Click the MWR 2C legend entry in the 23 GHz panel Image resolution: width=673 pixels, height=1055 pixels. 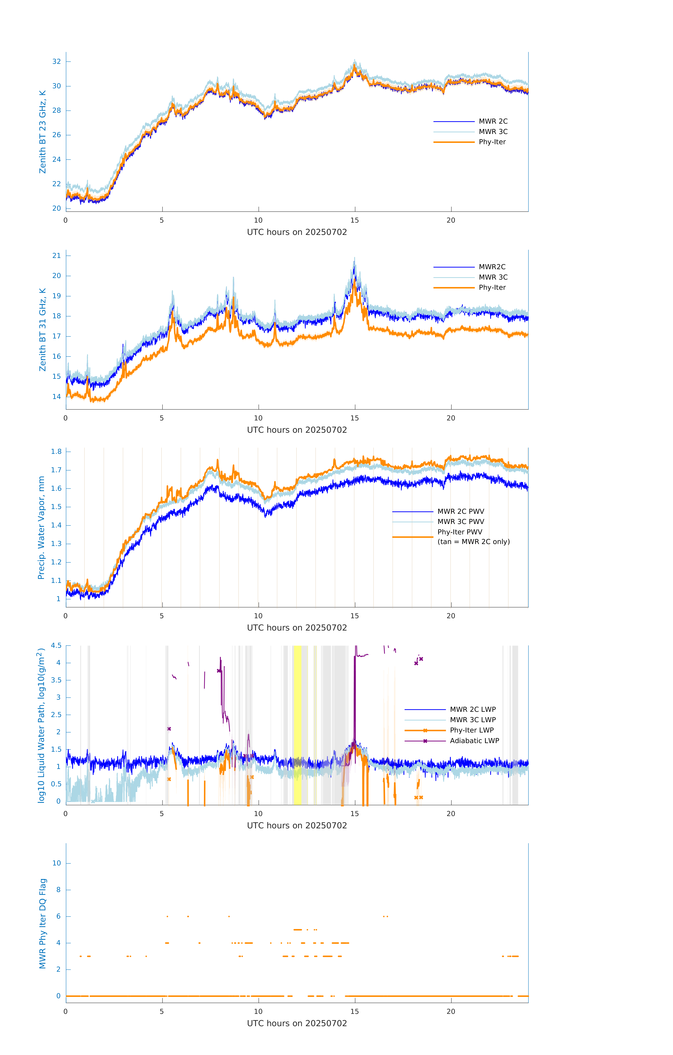tap(493, 121)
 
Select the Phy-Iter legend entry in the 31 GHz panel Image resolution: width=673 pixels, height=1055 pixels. tap(492, 287)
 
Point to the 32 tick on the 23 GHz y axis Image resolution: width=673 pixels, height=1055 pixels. tap(56, 61)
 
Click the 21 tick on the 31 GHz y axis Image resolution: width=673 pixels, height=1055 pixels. tap(56, 255)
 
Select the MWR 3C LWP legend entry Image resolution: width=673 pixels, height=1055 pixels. tap(473, 720)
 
